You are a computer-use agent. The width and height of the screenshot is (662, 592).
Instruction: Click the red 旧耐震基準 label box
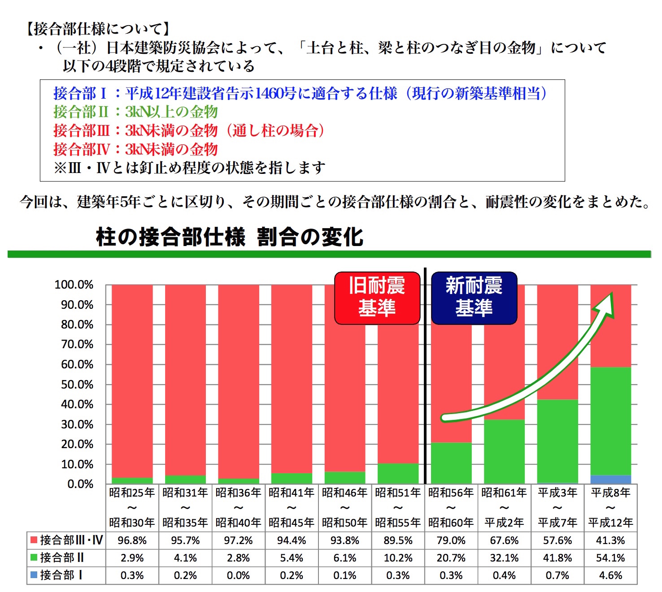tap(377, 298)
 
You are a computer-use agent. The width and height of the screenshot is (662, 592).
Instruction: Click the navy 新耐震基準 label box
tap(474, 298)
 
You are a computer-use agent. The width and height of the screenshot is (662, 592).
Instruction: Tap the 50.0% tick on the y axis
tap(77, 385)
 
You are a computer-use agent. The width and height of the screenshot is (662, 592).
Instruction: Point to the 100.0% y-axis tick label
tap(74, 285)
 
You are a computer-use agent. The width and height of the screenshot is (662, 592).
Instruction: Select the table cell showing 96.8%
tap(132, 540)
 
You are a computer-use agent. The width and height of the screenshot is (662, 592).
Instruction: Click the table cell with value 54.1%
tap(610, 558)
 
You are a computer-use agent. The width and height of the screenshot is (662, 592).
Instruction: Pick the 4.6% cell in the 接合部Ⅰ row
tap(610, 575)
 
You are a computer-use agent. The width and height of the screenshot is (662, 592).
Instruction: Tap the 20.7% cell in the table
tap(451, 558)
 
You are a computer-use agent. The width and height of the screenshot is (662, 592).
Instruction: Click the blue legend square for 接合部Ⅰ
tap(34, 575)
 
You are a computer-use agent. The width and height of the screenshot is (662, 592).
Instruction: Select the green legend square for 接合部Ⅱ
tap(34, 557)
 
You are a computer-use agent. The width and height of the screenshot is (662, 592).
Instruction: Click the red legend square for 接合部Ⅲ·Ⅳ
tap(34, 540)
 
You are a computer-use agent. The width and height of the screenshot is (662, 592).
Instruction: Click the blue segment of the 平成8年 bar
tap(610, 480)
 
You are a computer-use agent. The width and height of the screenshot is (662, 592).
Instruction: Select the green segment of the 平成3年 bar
tap(557, 441)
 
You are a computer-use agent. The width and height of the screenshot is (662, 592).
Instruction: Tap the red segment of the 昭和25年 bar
tap(132, 381)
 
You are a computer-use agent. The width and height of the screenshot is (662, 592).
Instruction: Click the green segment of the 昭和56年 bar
tap(451, 463)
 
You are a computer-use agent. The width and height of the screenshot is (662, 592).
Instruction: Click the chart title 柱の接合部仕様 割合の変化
tap(229, 237)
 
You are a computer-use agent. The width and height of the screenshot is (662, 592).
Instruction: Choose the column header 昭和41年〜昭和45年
tap(292, 507)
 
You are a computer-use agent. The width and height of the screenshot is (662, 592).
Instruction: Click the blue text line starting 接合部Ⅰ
tap(300, 93)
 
